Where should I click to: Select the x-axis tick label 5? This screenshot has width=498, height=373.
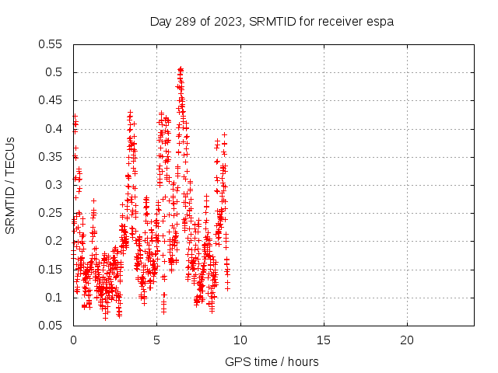pyautogui.click(x=156, y=340)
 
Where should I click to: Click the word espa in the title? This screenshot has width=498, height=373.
pyautogui.click(x=381, y=22)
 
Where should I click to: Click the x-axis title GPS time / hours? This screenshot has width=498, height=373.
pyautogui.click(x=272, y=361)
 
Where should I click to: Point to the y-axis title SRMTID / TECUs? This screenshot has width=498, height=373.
pyautogui.click(x=11, y=185)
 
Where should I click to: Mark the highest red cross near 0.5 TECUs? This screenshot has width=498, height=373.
pyautogui.click(x=181, y=68)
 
